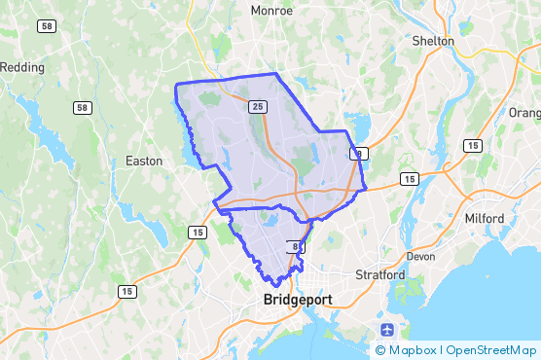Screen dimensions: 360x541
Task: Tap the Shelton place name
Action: point(433,41)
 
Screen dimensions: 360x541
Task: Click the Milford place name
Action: point(485,219)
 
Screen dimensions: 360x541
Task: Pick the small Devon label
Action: point(420,257)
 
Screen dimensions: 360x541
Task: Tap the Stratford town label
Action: point(379,275)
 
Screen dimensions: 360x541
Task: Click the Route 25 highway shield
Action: point(257,105)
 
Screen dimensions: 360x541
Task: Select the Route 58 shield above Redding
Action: point(47,26)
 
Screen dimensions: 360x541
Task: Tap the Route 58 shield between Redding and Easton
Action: point(83,107)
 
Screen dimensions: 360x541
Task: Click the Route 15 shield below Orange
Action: point(471,146)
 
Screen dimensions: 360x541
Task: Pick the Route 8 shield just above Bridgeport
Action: point(292,246)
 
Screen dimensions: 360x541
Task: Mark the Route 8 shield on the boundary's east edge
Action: point(360,154)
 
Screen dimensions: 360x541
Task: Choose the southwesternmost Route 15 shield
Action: point(126,291)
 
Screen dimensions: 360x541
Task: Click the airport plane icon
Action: point(388,329)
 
